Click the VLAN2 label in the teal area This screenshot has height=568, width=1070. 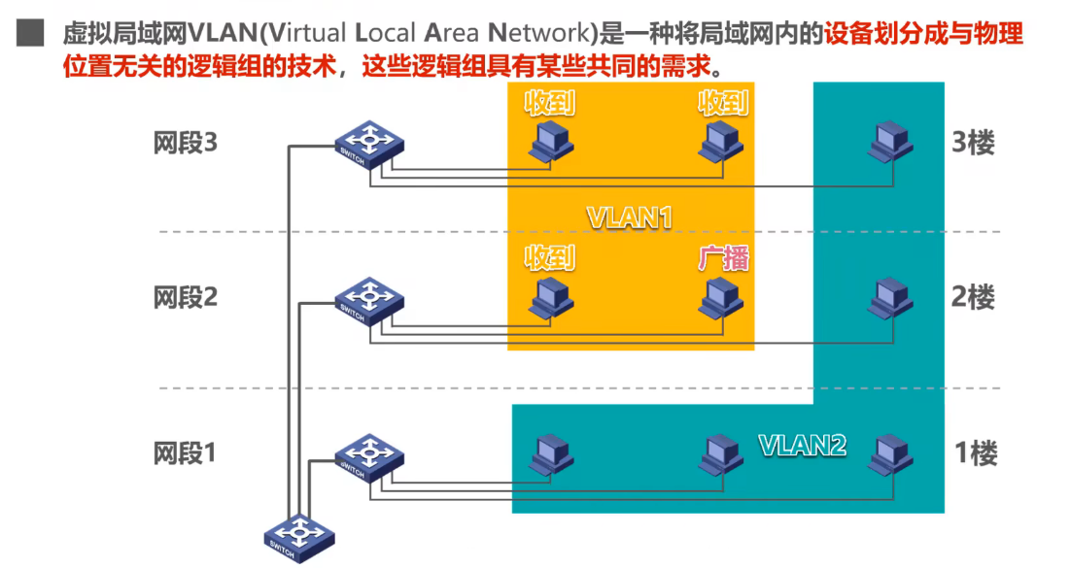tap(802, 445)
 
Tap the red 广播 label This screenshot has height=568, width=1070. tap(723, 258)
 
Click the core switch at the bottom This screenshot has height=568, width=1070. tap(300, 537)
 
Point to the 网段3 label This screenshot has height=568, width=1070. tap(185, 143)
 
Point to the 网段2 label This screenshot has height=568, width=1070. tap(185, 297)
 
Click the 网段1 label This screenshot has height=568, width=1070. tap(185, 452)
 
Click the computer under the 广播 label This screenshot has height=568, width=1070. tap(722, 299)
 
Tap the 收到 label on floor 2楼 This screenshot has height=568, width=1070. tap(550, 258)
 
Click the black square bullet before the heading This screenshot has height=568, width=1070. tap(30, 35)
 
